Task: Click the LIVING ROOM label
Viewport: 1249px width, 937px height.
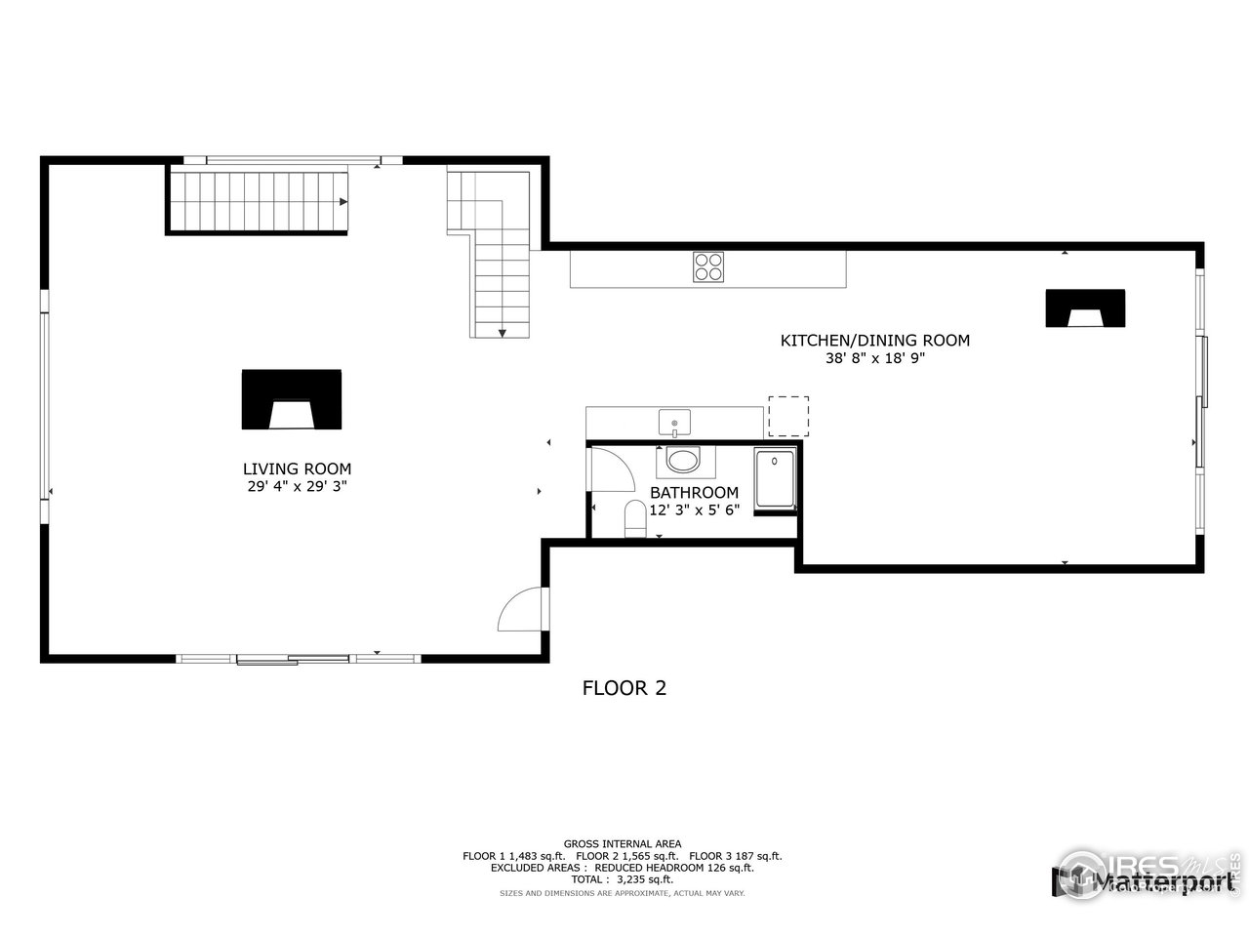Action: click(297, 468)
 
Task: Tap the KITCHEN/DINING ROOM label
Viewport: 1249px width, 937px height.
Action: click(874, 341)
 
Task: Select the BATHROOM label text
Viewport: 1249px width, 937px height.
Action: click(694, 493)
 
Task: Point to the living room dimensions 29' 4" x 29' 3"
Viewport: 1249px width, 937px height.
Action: click(297, 486)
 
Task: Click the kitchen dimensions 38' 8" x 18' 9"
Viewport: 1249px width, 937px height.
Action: click(874, 358)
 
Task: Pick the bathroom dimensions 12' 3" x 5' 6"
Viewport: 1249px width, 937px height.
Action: click(694, 509)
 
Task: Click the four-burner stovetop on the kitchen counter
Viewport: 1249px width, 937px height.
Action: click(709, 266)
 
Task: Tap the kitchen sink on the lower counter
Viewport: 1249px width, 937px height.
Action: click(674, 424)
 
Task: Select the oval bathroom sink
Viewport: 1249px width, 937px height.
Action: click(683, 459)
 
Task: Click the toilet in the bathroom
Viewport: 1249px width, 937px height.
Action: click(635, 518)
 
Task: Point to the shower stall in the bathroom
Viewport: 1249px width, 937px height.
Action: click(776, 480)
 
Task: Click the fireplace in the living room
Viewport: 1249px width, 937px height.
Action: click(292, 399)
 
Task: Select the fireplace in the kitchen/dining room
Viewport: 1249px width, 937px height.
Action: click(1085, 308)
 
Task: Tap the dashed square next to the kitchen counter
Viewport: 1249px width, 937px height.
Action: click(788, 416)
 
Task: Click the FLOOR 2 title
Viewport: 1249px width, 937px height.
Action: click(624, 688)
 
